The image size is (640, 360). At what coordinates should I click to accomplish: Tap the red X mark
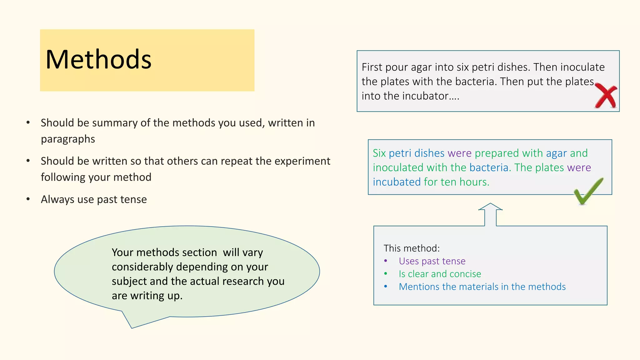pyautogui.click(x=606, y=96)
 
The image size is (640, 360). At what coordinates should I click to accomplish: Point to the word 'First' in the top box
pyautogui.click(x=372, y=67)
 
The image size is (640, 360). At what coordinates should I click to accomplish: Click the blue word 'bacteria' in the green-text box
pyautogui.click(x=488, y=168)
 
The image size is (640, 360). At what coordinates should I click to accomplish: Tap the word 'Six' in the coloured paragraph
pyautogui.click(x=379, y=153)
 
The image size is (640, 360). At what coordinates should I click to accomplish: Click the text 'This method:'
pyautogui.click(x=412, y=248)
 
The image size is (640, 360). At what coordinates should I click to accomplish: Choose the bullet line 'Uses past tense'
pyautogui.click(x=432, y=261)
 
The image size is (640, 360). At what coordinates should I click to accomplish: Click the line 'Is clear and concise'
pyautogui.click(x=440, y=274)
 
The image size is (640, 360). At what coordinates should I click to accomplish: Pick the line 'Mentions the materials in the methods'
pyautogui.click(x=482, y=287)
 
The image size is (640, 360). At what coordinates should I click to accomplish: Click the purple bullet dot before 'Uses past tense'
pyautogui.click(x=386, y=261)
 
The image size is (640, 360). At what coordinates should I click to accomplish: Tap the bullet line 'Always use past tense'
pyautogui.click(x=94, y=199)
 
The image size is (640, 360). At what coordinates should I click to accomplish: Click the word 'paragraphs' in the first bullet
pyautogui.click(x=68, y=139)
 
